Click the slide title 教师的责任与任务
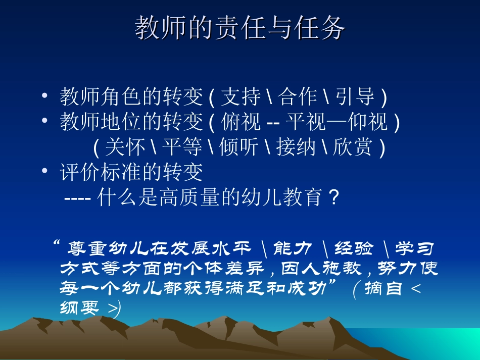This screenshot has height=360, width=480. pyautogui.click(x=240, y=28)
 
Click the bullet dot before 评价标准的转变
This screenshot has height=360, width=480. pyautogui.click(x=45, y=172)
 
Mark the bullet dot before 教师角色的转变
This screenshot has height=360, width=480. pyautogui.click(x=45, y=96)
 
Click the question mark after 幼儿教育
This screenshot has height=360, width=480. pyautogui.click(x=332, y=198)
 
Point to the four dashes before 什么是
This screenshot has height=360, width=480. pyautogui.click(x=77, y=198)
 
